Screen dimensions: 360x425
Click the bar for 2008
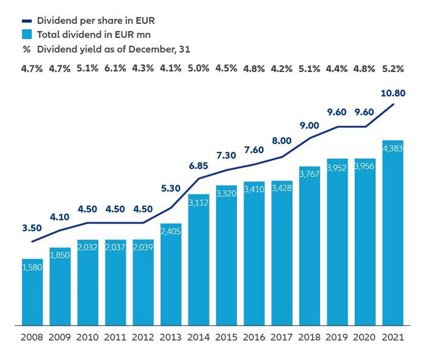click(x=32, y=292)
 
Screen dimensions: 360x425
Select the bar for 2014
click(x=198, y=260)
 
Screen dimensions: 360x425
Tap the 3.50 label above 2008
click(x=32, y=228)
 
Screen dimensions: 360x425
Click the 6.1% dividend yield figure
click(x=116, y=68)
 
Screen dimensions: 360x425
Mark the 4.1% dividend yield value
click(x=170, y=68)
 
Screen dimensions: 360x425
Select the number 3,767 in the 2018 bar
click(x=309, y=174)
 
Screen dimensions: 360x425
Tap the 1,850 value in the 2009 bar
click(x=60, y=256)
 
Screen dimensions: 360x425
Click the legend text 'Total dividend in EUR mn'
click(x=93, y=35)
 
